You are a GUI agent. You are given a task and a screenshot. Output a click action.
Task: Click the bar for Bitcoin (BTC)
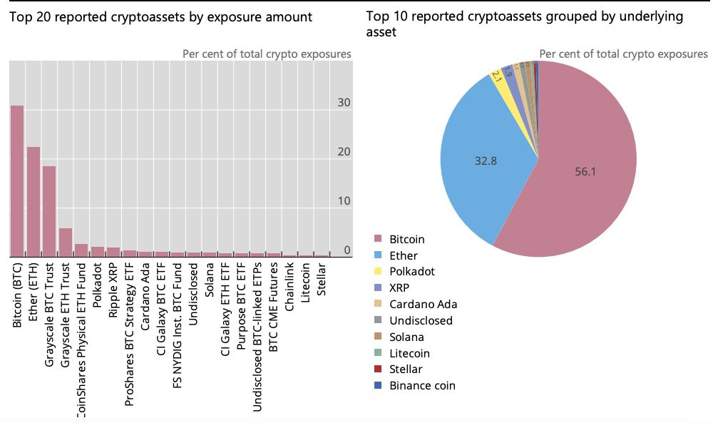(x=16, y=181)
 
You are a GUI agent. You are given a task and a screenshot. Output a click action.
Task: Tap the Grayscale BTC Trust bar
(x=49, y=211)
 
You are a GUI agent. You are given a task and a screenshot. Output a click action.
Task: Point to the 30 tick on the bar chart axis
(x=344, y=103)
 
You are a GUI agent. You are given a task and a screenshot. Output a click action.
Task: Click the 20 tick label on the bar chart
(x=344, y=152)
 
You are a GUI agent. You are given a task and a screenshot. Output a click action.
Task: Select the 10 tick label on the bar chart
(x=344, y=201)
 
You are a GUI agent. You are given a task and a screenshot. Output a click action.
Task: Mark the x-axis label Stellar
(x=322, y=280)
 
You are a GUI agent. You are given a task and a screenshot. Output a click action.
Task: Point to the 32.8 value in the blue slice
(x=486, y=160)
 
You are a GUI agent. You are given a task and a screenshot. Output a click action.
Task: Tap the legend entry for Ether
(x=404, y=255)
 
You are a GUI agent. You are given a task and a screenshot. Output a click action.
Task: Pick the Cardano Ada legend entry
(x=423, y=305)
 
